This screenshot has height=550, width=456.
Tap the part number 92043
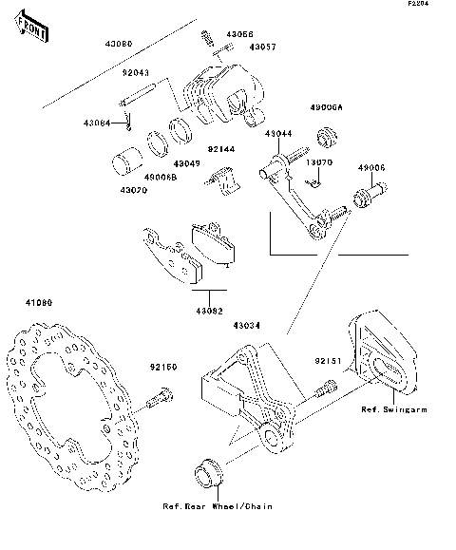pyautogui.click(x=136, y=73)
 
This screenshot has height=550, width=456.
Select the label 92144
pyautogui.click(x=220, y=149)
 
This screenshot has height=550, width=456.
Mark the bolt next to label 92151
pyautogui.click(x=325, y=385)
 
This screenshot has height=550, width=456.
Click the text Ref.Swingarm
pyautogui.click(x=391, y=410)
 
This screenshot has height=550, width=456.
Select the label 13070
pyautogui.click(x=318, y=162)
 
